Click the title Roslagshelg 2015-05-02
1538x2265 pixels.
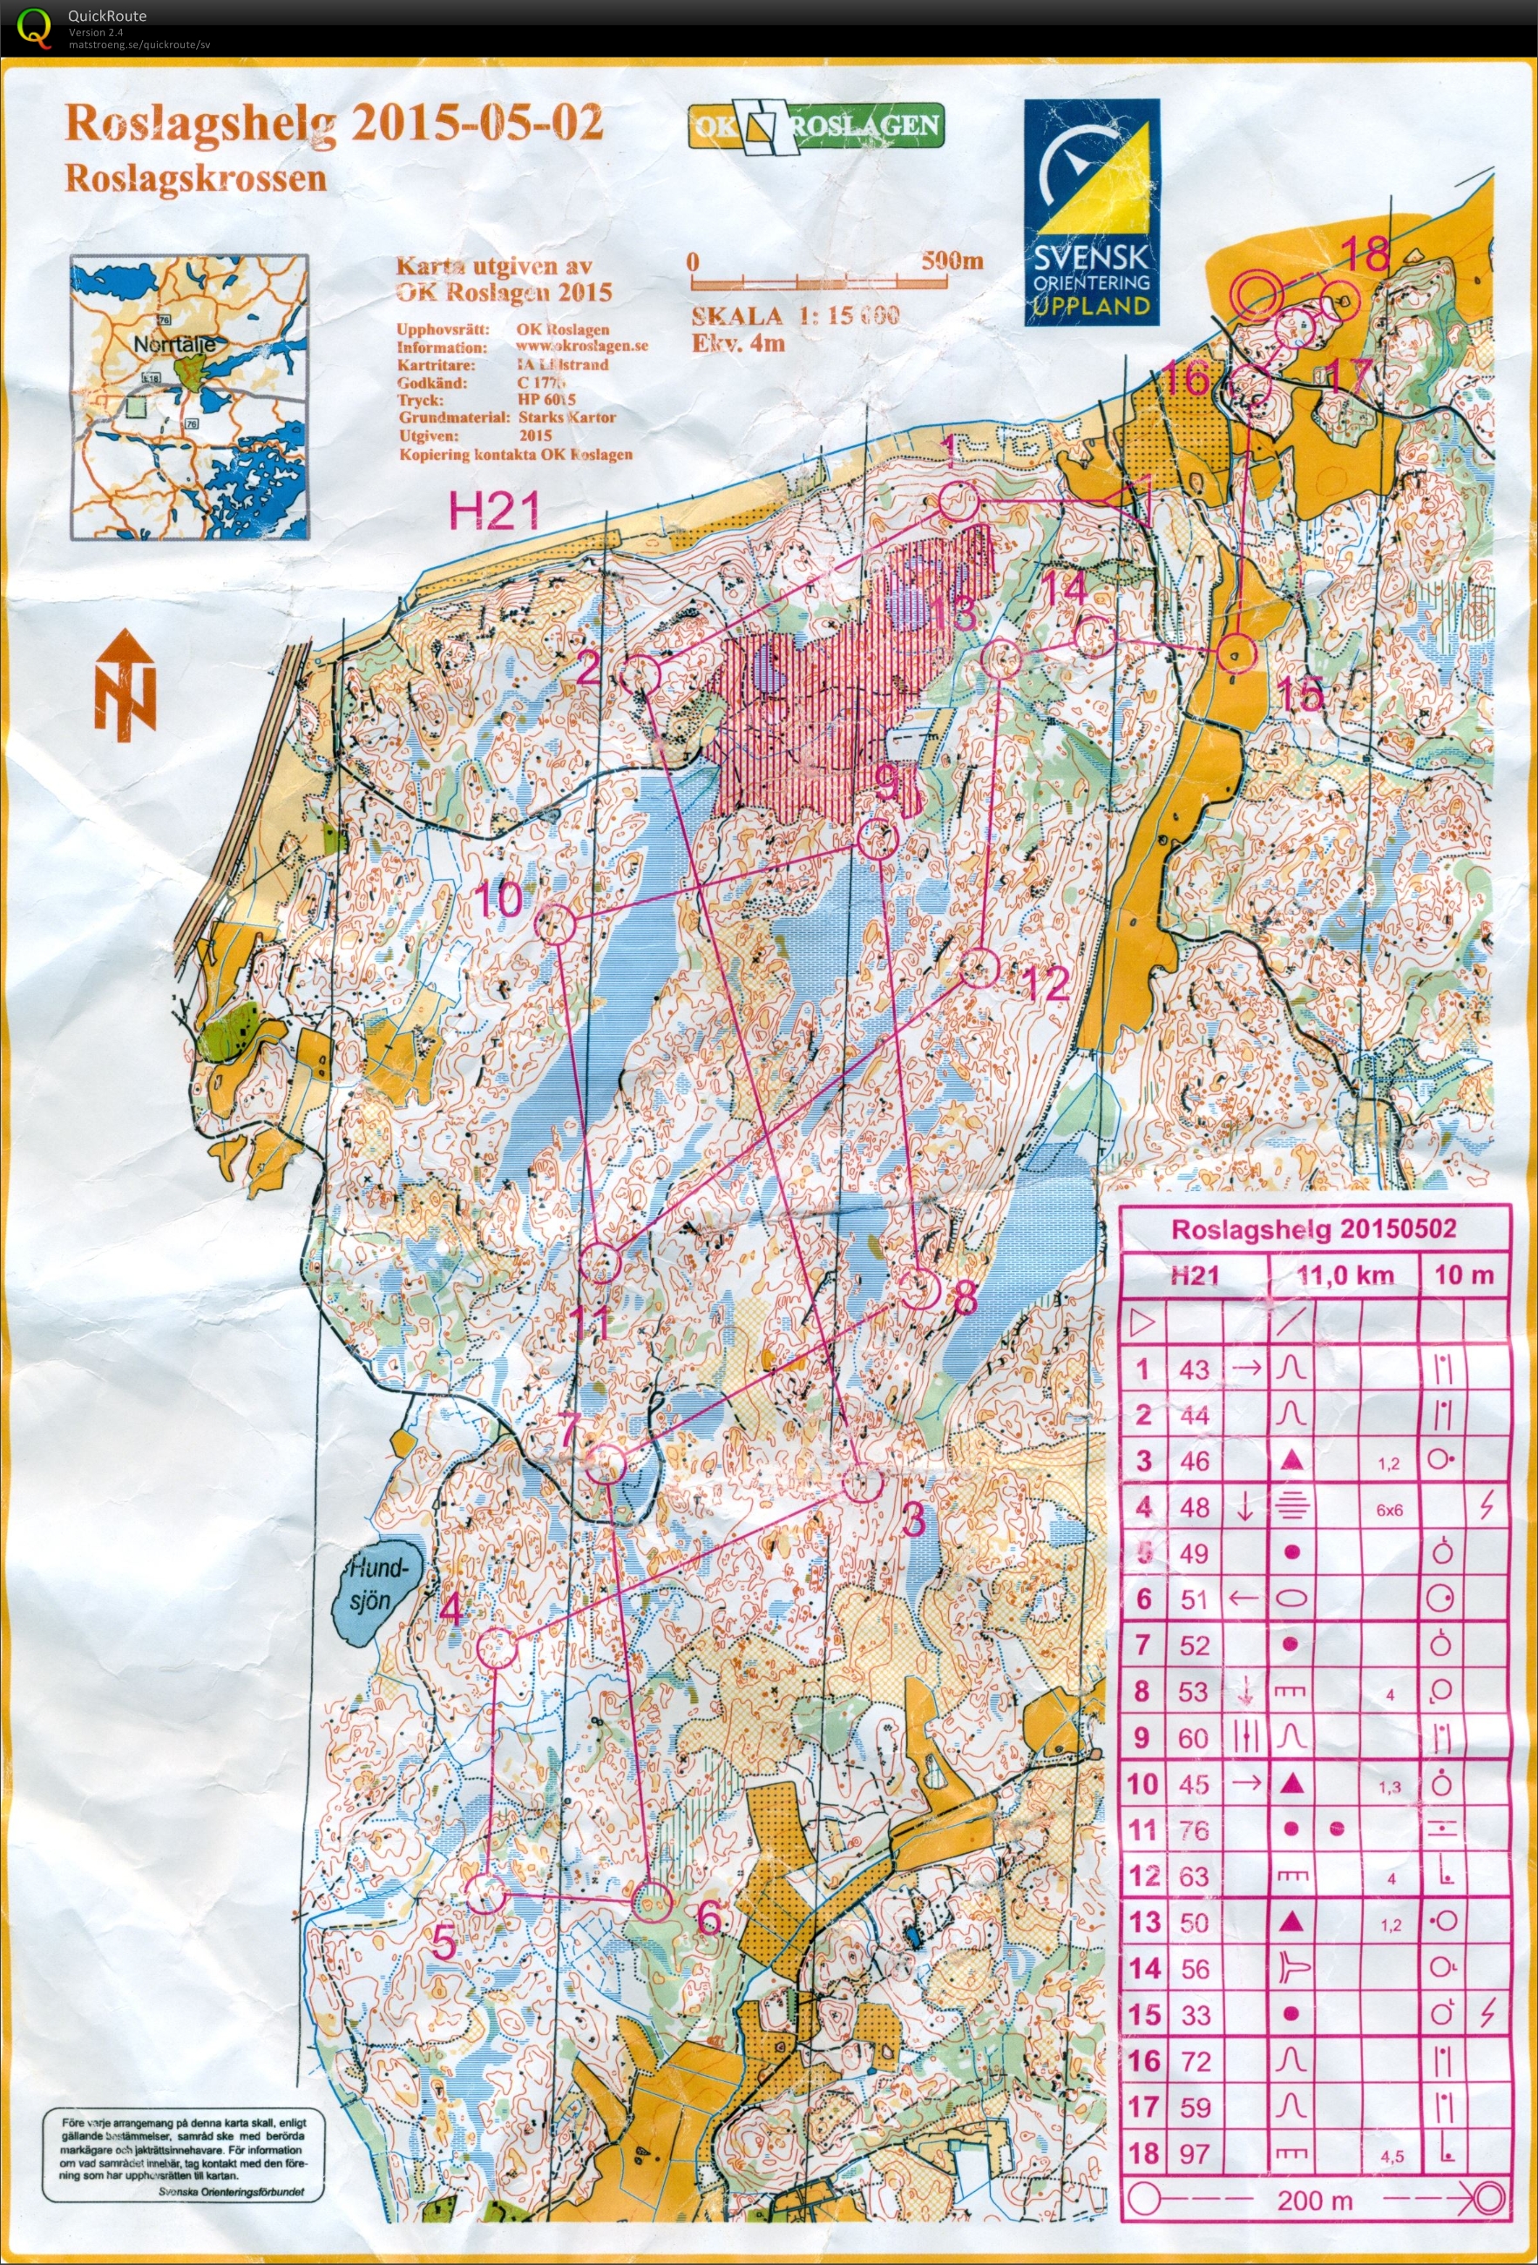(x=334, y=124)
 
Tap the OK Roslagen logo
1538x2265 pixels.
(x=816, y=126)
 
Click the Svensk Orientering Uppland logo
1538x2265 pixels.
(x=1092, y=213)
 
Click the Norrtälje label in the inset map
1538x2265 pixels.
(x=174, y=344)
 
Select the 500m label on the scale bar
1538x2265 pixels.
(x=952, y=261)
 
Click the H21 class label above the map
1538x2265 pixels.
(x=494, y=510)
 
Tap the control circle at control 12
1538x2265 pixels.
(x=980, y=968)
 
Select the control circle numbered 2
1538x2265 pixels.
(x=640, y=674)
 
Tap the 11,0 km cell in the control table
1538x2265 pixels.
(x=1345, y=1274)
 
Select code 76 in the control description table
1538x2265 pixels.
(x=1194, y=1830)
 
